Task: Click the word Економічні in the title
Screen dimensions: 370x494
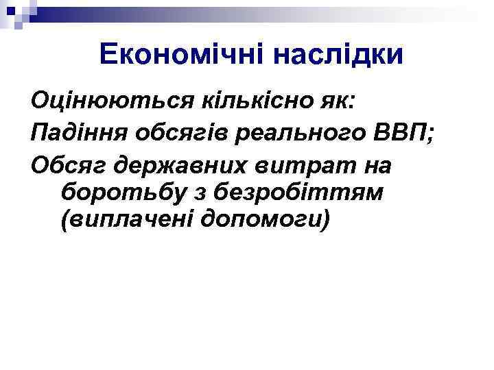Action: pos(180,54)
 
